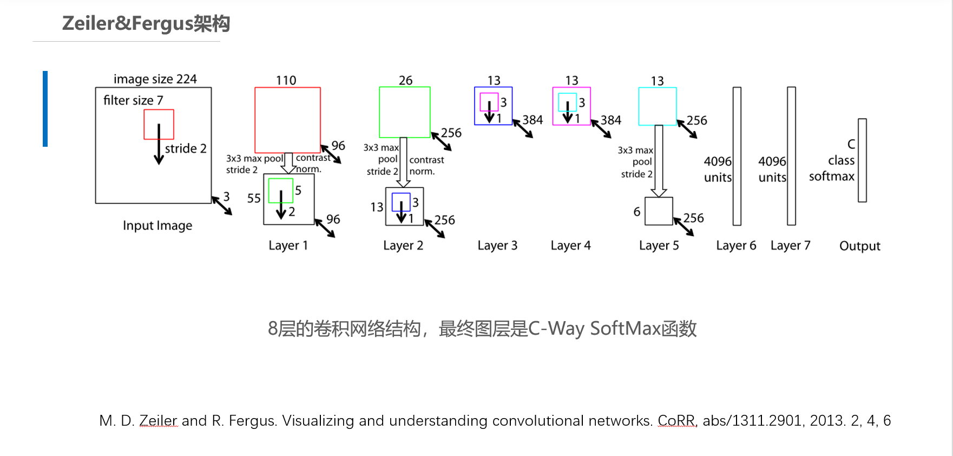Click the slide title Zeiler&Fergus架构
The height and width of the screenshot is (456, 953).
(x=146, y=23)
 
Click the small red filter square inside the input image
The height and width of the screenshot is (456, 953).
(x=159, y=124)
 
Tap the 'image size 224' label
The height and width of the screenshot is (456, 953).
(x=155, y=79)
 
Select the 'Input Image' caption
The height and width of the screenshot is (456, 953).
(x=157, y=225)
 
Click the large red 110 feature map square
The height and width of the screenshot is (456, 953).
(x=287, y=120)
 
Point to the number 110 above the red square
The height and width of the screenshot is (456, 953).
(x=286, y=81)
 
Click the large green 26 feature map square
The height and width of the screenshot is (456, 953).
(x=404, y=112)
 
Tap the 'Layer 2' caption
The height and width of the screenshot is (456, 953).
(x=403, y=245)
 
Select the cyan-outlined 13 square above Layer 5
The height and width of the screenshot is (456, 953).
(x=657, y=106)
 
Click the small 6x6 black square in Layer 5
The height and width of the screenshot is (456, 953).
(x=659, y=211)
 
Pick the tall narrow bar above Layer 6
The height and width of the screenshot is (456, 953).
(x=737, y=156)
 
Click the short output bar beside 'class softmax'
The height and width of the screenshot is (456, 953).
(x=862, y=160)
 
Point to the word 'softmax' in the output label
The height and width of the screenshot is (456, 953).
(x=831, y=177)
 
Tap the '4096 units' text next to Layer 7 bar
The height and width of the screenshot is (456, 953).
(x=772, y=169)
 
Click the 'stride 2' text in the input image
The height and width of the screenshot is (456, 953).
(x=185, y=148)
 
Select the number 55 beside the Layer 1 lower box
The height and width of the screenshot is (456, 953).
(x=254, y=199)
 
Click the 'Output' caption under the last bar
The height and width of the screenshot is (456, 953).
(x=859, y=246)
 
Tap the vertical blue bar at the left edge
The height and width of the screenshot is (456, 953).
(x=45, y=108)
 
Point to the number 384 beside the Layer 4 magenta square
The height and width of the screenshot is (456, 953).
(x=610, y=120)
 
